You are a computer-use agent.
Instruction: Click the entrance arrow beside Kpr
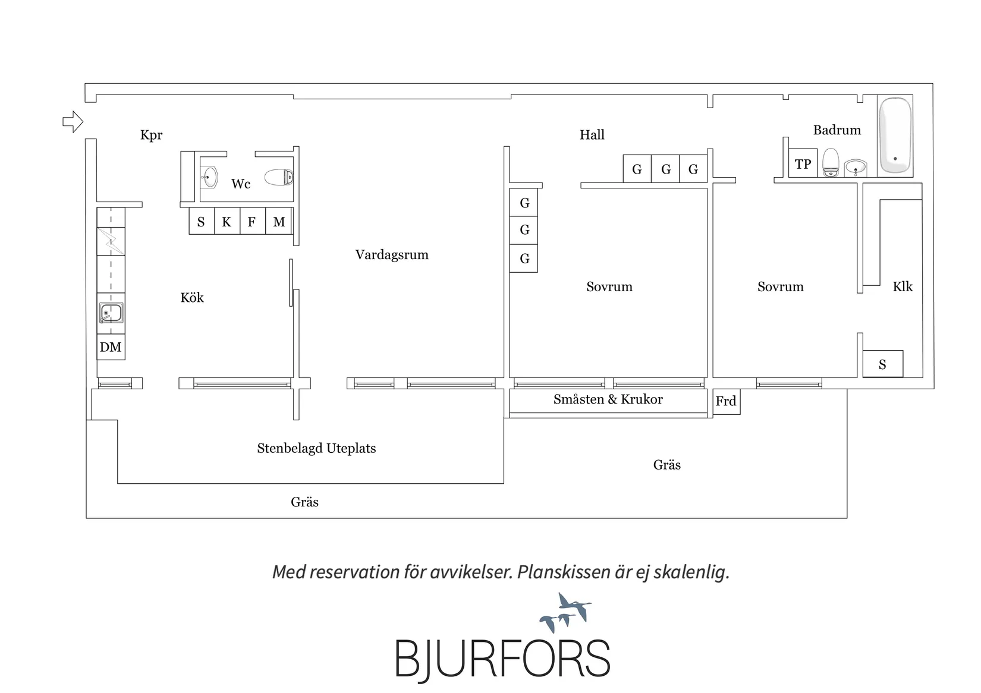(73, 121)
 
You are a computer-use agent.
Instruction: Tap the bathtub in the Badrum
(895, 136)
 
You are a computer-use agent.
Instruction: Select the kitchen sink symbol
(111, 313)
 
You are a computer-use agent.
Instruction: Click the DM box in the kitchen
(111, 346)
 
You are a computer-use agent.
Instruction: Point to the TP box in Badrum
(803, 163)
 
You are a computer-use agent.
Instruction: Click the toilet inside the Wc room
(279, 177)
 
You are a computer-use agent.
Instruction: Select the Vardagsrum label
(392, 254)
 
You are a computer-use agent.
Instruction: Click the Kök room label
(192, 297)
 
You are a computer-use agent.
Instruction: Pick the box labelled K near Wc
(227, 221)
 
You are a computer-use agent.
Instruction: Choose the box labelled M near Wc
(278, 221)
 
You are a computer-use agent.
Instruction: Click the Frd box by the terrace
(727, 401)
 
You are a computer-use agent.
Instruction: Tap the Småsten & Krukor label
(608, 399)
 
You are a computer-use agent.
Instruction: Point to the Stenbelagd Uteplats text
(316, 448)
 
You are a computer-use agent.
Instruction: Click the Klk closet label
(903, 286)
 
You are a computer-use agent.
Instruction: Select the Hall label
(592, 134)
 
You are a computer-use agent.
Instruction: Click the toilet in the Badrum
(831, 162)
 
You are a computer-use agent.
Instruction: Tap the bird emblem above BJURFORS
(565, 612)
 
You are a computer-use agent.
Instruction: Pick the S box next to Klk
(883, 364)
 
